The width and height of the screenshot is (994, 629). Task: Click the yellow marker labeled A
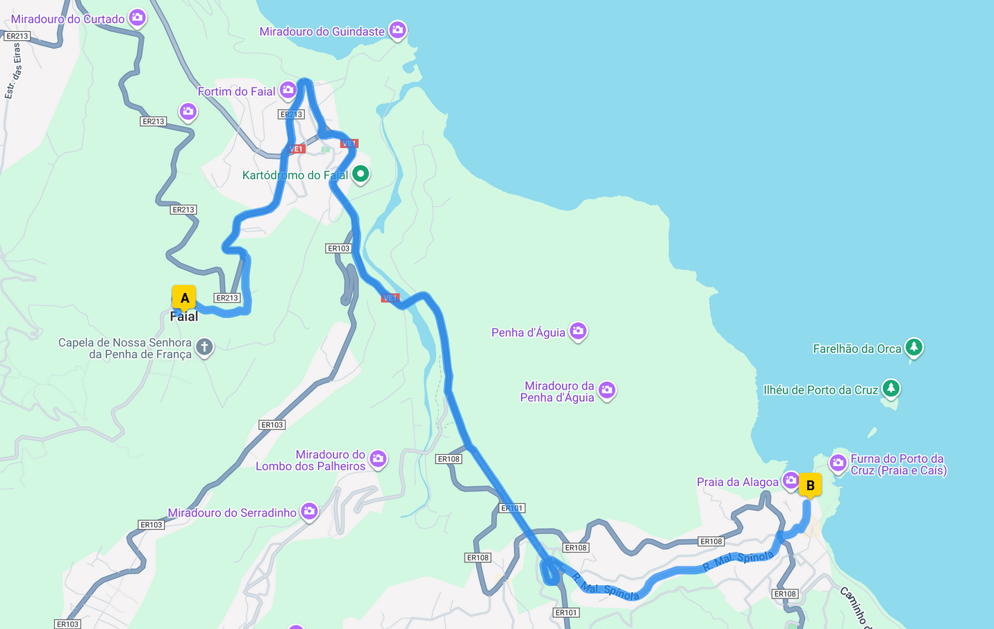tap(184, 298)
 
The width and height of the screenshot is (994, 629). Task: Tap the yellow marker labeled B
tap(810, 485)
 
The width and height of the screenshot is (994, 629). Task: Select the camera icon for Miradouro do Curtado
tap(138, 18)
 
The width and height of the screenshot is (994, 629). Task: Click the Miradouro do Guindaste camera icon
tap(397, 30)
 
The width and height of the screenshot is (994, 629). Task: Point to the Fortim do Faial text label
tap(236, 92)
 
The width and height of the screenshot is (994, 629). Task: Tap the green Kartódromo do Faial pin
tap(361, 174)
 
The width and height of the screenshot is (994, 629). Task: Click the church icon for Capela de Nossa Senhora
tap(204, 346)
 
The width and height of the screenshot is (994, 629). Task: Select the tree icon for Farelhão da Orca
tap(914, 347)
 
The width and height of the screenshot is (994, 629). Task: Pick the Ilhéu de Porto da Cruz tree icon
tap(891, 388)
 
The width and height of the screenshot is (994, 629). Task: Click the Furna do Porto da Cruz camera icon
tap(838, 462)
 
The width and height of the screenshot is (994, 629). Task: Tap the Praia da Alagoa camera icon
tap(790, 480)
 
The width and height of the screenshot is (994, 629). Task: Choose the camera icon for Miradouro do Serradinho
tap(309, 512)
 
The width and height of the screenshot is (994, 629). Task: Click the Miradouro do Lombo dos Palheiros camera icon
tap(378, 458)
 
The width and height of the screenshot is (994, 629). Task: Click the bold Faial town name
tap(184, 317)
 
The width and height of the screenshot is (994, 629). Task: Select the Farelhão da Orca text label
tap(856, 349)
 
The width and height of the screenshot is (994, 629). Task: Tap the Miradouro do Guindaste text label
tap(322, 32)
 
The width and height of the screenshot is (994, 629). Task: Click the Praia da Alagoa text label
tap(737, 483)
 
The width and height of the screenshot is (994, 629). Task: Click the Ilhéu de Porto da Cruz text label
tap(821, 390)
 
